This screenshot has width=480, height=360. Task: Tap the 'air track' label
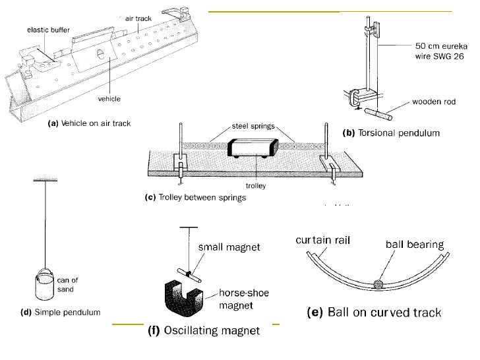[x=139, y=20]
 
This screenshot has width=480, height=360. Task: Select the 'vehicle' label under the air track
[x=110, y=99]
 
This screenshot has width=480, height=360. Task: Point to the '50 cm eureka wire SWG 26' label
[x=440, y=50]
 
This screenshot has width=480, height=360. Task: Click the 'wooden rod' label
[x=435, y=102]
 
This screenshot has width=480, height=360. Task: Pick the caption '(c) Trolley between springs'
[x=195, y=198]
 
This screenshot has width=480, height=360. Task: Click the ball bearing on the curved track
[x=378, y=285]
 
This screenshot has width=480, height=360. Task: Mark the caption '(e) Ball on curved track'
[x=375, y=313]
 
